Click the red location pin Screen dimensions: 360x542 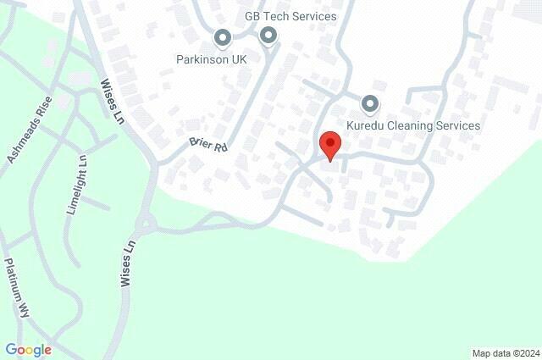click(329, 145)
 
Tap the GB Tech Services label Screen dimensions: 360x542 click(290, 16)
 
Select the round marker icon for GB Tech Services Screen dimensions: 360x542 click(268, 36)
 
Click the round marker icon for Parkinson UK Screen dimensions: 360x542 click(223, 38)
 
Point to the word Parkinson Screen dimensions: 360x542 click(201, 59)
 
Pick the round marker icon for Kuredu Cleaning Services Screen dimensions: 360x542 click(370, 105)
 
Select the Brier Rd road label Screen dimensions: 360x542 click(208, 146)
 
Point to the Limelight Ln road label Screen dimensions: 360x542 click(75, 185)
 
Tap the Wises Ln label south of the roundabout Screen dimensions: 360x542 click(129, 264)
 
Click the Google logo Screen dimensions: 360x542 click(28, 349)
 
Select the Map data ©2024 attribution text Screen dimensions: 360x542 click(505, 353)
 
